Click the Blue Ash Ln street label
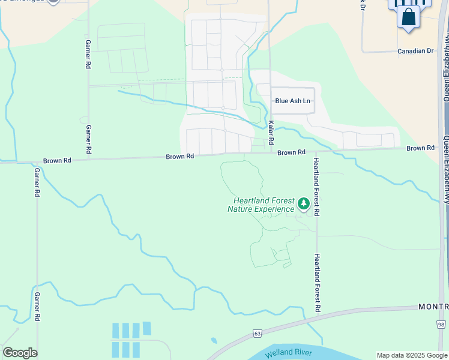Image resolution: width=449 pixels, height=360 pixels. pos(293,101)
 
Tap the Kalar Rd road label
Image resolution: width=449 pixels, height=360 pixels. pos(271,132)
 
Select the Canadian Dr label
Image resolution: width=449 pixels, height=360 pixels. pos(415,51)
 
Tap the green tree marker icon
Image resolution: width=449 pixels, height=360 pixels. pos(304,205)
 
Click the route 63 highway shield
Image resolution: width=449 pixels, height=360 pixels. pos(258,333)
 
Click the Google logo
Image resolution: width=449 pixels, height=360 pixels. pos(20,352)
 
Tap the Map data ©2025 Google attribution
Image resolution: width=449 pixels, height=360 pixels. pos(411,355)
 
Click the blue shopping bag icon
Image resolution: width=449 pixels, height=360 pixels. pos(408,17)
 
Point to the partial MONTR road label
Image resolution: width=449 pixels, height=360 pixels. pos(433,307)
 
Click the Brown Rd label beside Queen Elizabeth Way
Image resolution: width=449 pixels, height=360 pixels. pos(420,148)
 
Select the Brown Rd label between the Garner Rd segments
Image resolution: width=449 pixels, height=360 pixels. pos(57,161)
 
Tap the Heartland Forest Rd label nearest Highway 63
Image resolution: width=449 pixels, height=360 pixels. pos(318,283)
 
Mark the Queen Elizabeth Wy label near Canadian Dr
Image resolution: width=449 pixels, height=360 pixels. pos(445,66)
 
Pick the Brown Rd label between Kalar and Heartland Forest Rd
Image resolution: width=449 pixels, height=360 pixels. pos(292,152)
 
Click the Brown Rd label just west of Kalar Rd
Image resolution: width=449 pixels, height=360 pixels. pos(180,156)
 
